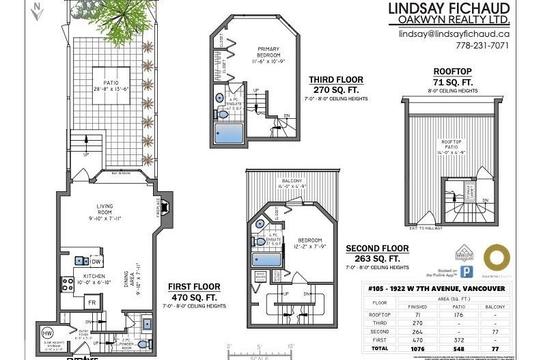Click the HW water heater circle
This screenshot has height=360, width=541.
point(47,333)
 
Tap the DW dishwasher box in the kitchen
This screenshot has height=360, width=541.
point(96,261)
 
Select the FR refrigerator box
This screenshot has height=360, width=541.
point(89,301)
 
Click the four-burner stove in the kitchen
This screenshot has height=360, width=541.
point(68,281)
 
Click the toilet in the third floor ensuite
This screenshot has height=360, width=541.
point(220,99)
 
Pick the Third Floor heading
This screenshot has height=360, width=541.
point(335,79)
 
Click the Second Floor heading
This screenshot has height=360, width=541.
point(376,248)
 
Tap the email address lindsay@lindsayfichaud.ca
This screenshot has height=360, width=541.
point(454,33)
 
